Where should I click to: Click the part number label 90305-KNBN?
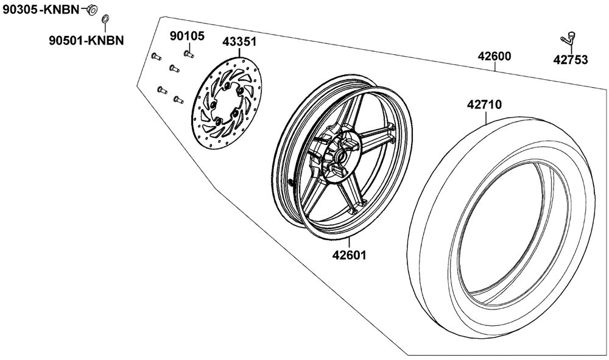41,9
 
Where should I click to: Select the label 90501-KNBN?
86,40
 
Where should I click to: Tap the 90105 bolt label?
187,36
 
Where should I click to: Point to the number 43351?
239,41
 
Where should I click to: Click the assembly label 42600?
495,56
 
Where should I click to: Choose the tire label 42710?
484,104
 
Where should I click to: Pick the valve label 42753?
571,60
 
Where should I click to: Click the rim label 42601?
349,255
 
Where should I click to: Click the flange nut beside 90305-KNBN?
92,10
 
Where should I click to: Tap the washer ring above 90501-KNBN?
105,19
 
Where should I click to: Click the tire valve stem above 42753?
568,37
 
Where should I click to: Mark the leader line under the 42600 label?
495,67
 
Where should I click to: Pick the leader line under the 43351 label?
239,52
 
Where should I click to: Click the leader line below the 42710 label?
485,118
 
